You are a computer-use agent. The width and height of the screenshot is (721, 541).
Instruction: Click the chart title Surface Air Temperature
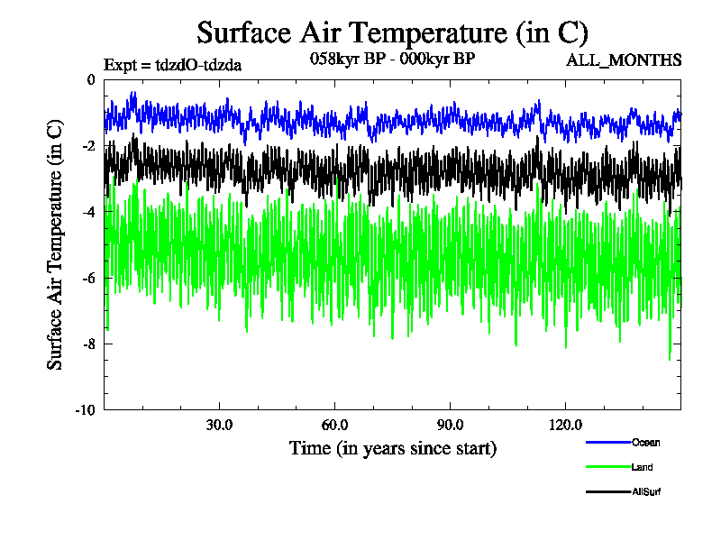pos(392,33)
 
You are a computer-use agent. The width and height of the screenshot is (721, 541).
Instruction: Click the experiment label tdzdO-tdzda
pos(172,64)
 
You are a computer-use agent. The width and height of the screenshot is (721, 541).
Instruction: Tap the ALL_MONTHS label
pos(623,60)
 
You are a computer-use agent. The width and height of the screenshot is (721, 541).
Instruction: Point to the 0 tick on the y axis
pos(89,79)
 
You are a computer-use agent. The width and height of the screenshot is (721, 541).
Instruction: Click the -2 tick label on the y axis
pos(87,146)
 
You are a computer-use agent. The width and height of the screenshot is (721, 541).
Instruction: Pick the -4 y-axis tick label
pos(87,212)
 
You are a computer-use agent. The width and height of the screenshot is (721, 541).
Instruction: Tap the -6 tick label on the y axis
pos(87,278)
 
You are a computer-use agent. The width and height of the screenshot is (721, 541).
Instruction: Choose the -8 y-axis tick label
pos(87,344)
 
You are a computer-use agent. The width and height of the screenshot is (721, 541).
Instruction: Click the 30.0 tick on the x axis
pos(219,425)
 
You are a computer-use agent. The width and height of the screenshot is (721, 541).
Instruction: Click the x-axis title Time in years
pos(392,448)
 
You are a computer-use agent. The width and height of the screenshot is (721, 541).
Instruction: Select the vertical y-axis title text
pos(56,244)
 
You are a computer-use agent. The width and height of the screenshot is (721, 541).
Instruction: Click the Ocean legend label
pos(645,442)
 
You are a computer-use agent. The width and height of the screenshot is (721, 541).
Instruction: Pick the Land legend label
pos(643,467)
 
